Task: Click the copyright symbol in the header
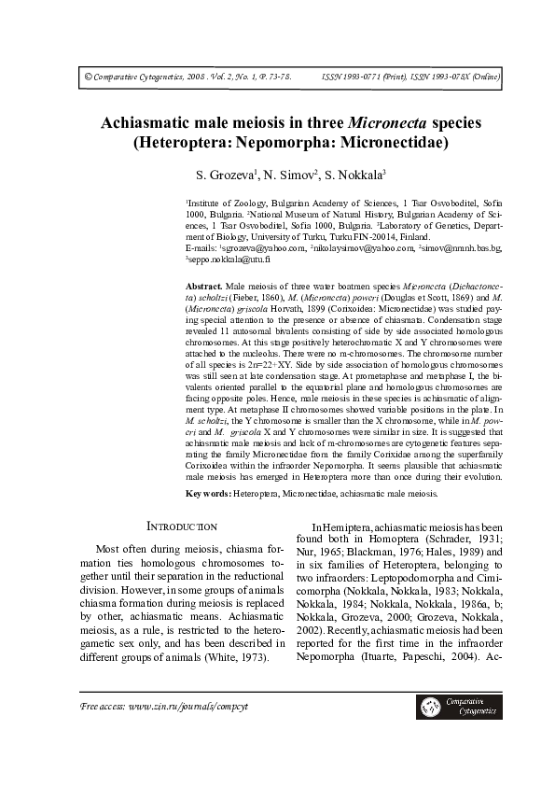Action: pos(76,80)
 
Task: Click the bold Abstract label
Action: pos(202,284)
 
